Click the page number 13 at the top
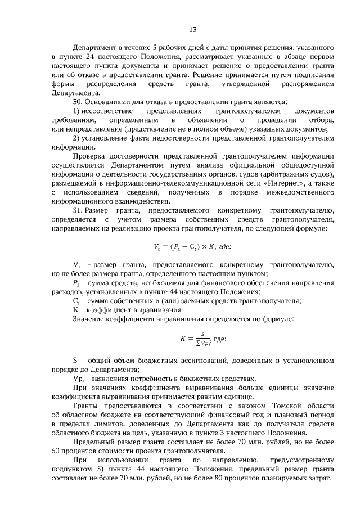(192, 30)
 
